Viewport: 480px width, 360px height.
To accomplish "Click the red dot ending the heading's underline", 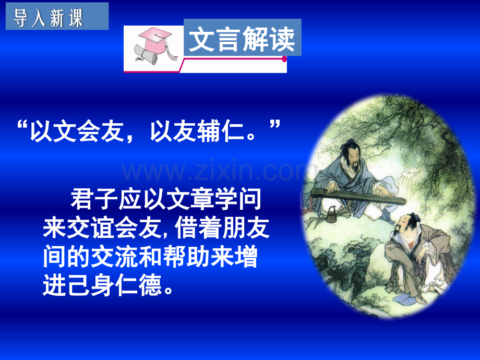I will pos(284,59).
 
